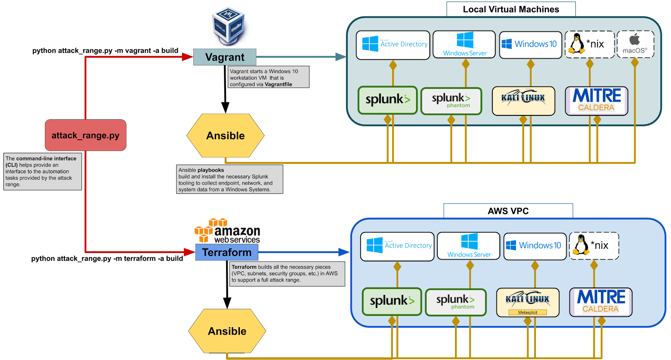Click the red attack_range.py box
[x=86, y=135]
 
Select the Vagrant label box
[x=225, y=57]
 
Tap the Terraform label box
[x=226, y=252]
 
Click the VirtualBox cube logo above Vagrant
[x=229, y=25]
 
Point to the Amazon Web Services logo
[x=227, y=230]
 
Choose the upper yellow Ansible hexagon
[x=225, y=136]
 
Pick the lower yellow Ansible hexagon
[x=227, y=331]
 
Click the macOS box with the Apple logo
[x=635, y=44]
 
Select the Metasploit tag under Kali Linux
[x=528, y=312]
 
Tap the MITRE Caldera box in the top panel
[x=596, y=101]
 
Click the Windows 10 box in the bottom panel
[x=535, y=246]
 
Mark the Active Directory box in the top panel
[x=393, y=44]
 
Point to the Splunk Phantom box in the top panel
[x=451, y=101]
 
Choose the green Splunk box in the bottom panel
[x=392, y=301]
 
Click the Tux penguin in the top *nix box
[x=577, y=43]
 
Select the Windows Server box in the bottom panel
[x=468, y=246]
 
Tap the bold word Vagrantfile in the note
[x=278, y=84]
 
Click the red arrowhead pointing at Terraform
[x=190, y=252]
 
